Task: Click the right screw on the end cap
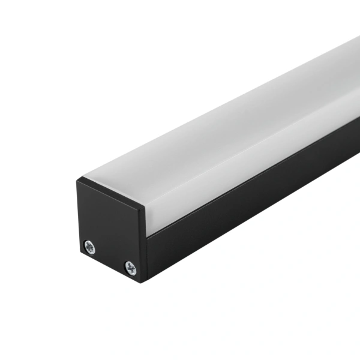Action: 130,268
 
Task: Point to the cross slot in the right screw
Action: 130,268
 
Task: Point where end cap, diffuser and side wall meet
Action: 146,235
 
